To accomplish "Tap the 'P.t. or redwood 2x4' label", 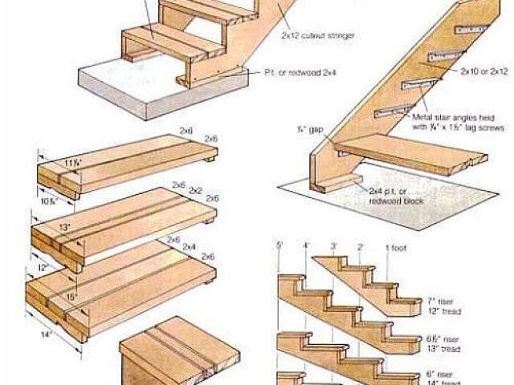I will pyautogui.click(x=300, y=72).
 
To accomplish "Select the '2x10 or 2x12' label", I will pyautogui.click(x=483, y=71).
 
